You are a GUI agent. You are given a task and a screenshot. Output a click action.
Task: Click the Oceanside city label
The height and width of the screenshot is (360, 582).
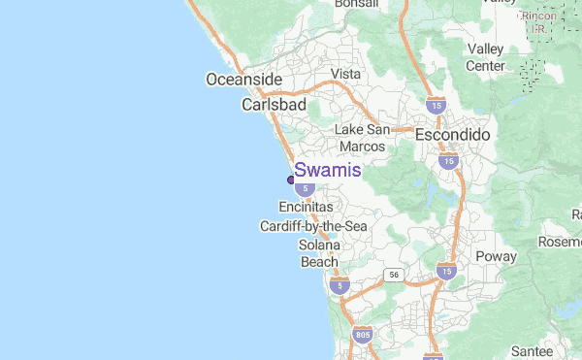[x=243, y=80]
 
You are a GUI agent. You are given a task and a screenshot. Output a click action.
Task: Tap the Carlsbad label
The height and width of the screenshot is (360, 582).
[x=274, y=104]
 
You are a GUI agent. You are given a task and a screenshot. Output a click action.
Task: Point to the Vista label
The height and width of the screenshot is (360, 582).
[x=345, y=74]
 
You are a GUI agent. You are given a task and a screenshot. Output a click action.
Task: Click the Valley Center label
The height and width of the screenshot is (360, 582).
[x=486, y=57]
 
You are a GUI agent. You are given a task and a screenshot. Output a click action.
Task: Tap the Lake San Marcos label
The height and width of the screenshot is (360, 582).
[x=362, y=138]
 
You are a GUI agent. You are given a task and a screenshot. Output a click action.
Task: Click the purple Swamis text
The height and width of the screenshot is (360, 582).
[x=328, y=170]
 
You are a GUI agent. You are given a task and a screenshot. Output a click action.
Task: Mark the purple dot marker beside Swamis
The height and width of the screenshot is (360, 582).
[x=291, y=179]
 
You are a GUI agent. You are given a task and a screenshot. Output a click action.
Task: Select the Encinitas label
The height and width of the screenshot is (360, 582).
[x=306, y=208]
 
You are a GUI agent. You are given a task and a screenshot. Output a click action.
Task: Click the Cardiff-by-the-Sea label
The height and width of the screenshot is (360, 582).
[x=313, y=226]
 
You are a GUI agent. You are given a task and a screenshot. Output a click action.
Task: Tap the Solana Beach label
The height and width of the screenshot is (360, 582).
[x=319, y=253]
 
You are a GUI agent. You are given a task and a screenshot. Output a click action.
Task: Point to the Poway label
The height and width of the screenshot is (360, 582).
[x=496, y=256]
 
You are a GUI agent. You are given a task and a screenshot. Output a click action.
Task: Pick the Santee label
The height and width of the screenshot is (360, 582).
[x=532, y=350]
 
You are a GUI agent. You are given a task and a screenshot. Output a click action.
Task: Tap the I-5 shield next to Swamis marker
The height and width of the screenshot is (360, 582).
[x=305, y=186]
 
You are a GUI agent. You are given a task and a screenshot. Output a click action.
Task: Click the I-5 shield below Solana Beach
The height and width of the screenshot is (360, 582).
[x=339, y=285]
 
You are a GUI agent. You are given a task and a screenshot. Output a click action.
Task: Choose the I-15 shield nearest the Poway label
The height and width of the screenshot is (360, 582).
[x=446, y=271]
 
